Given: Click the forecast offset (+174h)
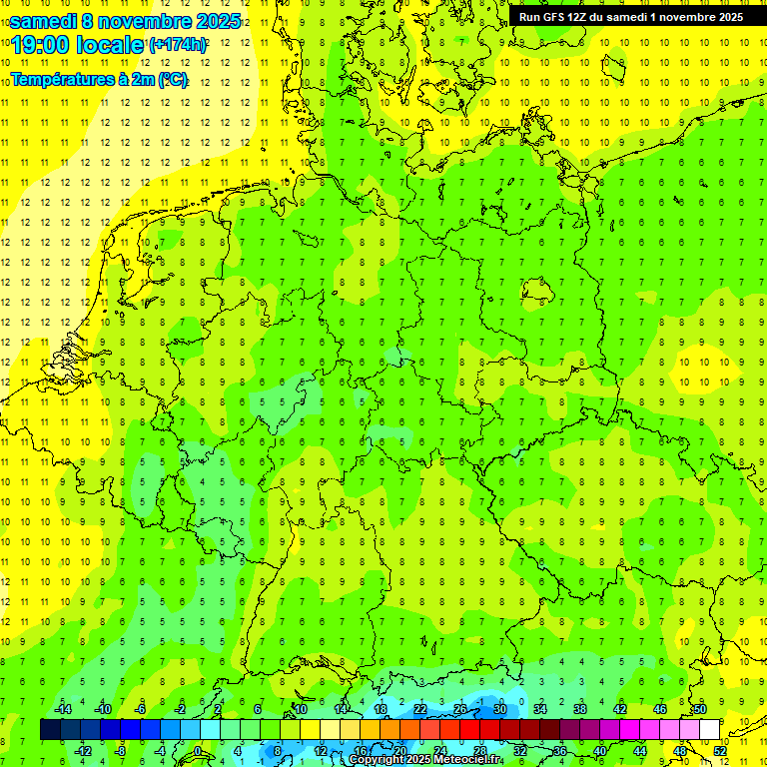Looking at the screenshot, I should click(x=178, y=45).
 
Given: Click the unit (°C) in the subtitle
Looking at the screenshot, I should click(x=172, y=80).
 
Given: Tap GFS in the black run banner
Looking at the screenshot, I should click(x=554, y=17).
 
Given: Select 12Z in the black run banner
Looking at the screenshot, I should click(x=583, y=17).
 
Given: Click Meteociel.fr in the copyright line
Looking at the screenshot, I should click(x=467, y=760).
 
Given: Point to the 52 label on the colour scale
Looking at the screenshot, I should click(x=720, y=751).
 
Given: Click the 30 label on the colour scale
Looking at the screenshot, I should click(x=500, y=709).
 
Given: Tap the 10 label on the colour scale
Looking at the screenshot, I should click(x=301, y=709).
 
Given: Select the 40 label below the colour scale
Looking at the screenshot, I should click(x=599, y=751).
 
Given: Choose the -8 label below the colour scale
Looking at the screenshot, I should click(x=121, y=751).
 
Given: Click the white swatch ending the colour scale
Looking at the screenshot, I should click(x=709, y=729).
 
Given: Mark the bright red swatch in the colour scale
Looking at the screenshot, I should click(x=469, y=729).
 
